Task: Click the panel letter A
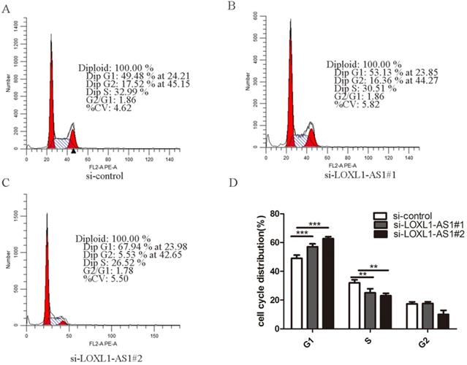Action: tap(7, 7)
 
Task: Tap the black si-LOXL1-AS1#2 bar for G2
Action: tap(422, 321)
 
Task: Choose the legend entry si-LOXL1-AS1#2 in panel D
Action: tap(420, 237)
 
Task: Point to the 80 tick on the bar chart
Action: tap(273, 214)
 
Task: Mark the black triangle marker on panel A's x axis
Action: tap(72, 150)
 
